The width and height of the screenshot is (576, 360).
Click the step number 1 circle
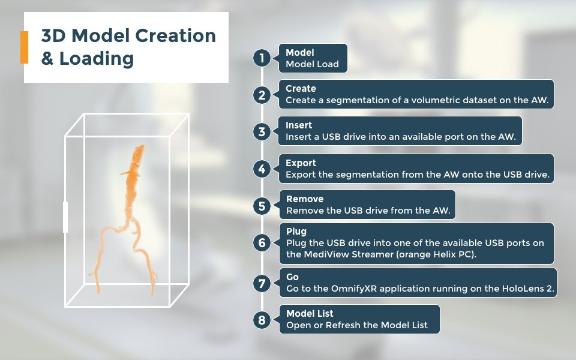[x=262, y=58]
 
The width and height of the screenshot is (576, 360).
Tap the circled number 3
[x=262, y=131]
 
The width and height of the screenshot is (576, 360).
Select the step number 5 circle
[x=262, y=206]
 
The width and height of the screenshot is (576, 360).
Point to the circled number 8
[x=262, y=320]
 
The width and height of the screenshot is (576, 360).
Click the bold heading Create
[x=301, y=89]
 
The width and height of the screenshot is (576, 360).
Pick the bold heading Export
[x=301, y=163]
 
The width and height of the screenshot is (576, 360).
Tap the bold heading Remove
[x=305, y=199]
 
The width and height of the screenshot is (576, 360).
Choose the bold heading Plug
[x=296, y=232]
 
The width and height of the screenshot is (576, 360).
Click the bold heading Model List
[x=310, y=313]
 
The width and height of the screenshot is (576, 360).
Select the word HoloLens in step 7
[x=523, y=289]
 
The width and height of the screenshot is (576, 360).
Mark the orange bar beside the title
[x=24, y=47]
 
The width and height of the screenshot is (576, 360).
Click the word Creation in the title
[x=176, y=35]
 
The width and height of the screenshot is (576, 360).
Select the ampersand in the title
[x=47, y=58]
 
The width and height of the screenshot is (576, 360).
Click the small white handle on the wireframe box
[x=65, y=217]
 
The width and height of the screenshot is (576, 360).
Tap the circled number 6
[x=262, y=242]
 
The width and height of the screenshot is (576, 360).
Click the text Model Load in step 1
[x=312, y=64]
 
